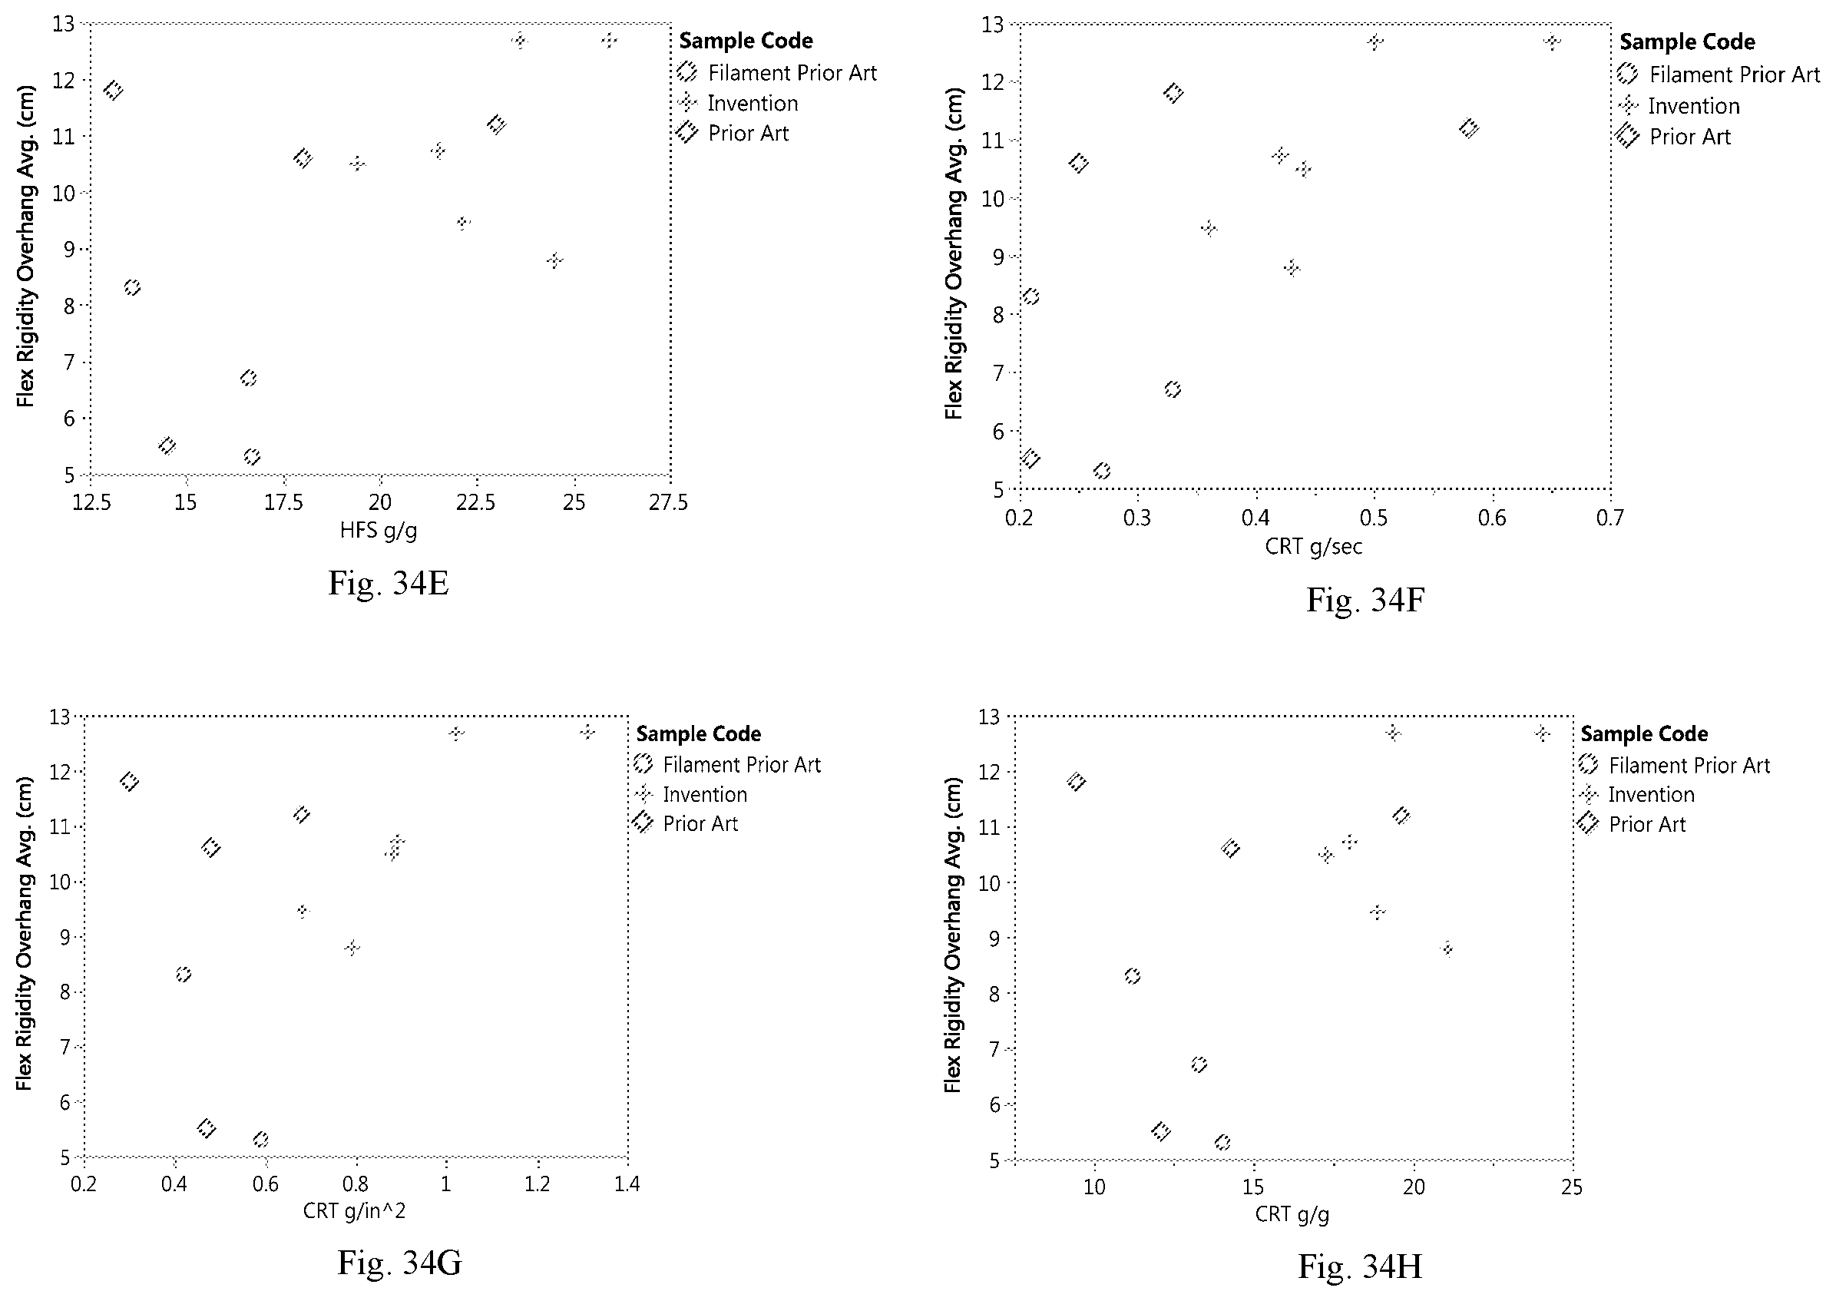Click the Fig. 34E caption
click(x=389, y=583)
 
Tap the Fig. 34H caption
click(x=1360, y=1266)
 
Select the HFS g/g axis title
click(x=378, y=531)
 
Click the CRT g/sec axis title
click(x=1314, y=546)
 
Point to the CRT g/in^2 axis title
click(x=354, y=1210)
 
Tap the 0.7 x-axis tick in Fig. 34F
click(x=1610, y=518)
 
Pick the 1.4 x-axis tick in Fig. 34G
click(x=627, y=1183)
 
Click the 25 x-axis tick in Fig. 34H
click(x=1572, y=1187)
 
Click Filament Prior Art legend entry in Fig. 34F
click(x=1719, y=74)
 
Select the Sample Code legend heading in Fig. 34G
click(x=698, y=733)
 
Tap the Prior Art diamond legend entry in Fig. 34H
click(x=1633, y=823)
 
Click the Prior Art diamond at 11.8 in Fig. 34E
click(x=113, y=91)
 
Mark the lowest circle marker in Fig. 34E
click(x=252, y=457)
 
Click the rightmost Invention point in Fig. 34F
click(x=1552, y=41)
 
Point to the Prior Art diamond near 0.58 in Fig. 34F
click(x=1468, y=128)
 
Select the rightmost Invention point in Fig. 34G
click(x=587, y=732)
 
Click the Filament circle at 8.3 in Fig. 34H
click(x=1132, y=975)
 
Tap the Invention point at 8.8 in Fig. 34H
click(x=1447, y=949)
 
